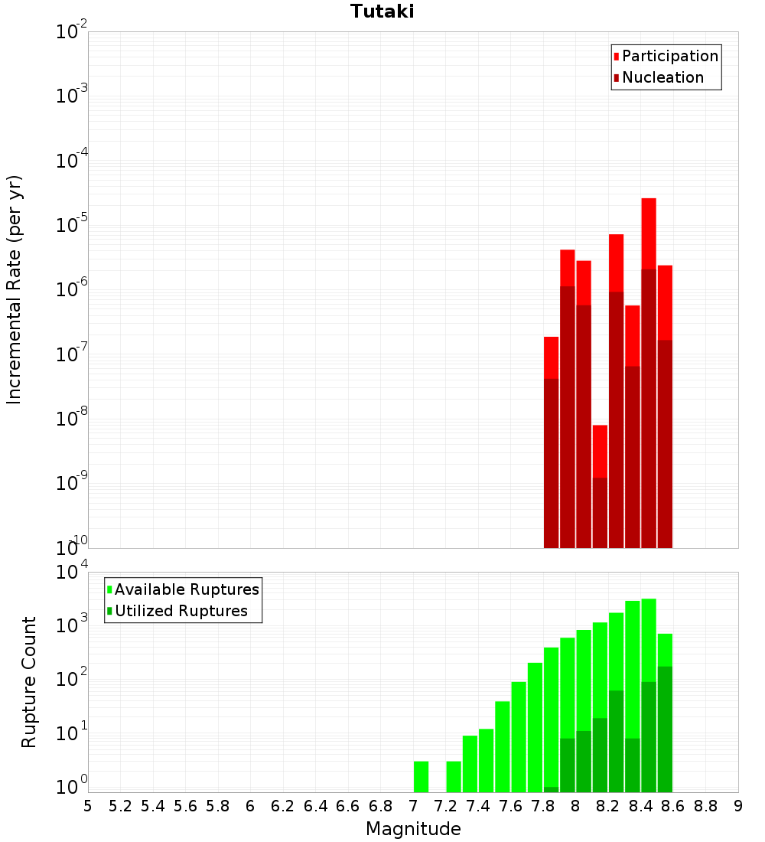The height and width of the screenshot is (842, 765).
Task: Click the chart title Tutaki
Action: [382, 11]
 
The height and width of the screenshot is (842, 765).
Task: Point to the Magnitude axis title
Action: [413, 829]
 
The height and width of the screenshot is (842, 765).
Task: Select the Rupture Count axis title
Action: [29, 681]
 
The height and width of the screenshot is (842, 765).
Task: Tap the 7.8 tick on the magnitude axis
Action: [543, 806]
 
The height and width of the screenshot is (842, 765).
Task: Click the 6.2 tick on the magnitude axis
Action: [283, 806]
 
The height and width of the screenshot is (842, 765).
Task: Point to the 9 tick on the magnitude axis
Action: [738, 806]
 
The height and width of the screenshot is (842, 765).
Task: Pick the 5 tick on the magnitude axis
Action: [88, 806]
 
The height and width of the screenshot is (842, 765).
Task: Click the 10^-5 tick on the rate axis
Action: [71, 225]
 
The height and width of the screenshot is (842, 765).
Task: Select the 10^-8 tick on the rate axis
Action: [71, 419]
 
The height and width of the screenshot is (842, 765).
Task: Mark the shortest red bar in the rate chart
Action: [600, 452]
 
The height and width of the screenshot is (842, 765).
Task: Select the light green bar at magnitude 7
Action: [421, 776]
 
